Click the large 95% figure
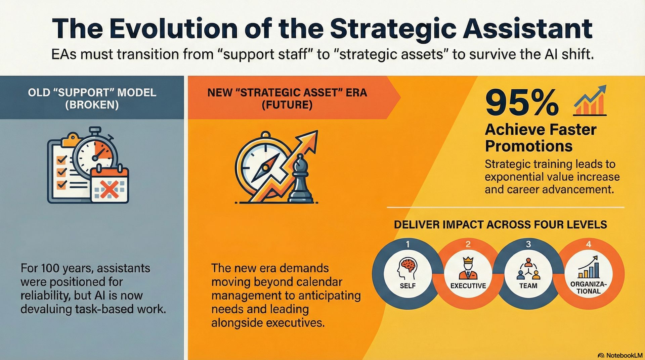522,103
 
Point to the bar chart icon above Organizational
589,268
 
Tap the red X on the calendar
109,189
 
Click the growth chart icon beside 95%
590,101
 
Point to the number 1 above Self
407,244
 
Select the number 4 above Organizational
588,244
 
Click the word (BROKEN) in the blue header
92,105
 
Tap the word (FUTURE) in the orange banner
287,105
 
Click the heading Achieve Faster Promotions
540,138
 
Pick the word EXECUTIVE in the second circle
468,286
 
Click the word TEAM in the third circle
528,286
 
